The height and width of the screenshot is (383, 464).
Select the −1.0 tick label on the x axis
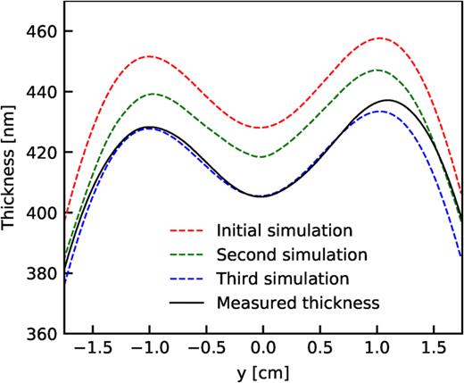pyautogui.click(x=146, y=347)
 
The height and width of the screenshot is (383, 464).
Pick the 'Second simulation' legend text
pyautogui.click(x=289, y=254)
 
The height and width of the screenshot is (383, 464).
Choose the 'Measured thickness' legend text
pyautogui.click(x=298, y=303)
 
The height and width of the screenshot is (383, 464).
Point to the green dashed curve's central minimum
pyautogui.click(x=261, y=157)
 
